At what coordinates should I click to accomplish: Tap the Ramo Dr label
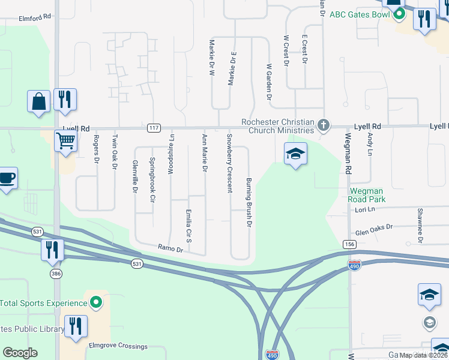169,247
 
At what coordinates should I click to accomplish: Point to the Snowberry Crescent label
229,163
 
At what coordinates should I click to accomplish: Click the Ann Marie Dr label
205,153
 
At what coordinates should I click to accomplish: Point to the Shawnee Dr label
420,226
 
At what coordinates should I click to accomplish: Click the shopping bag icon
38,101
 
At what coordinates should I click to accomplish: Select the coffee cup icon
7,178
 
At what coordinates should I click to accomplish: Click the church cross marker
324,125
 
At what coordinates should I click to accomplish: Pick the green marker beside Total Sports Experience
94,301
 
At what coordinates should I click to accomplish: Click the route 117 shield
154,128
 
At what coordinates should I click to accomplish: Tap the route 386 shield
56,273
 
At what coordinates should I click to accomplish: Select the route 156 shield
349,244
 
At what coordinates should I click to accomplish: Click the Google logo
20,353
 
